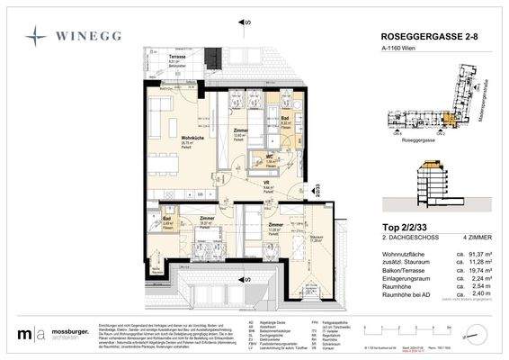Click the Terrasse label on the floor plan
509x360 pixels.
tap(181, 57)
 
